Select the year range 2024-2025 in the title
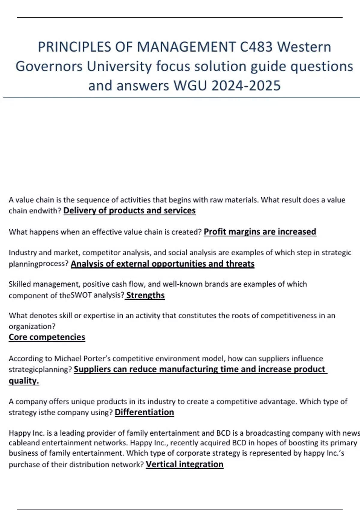pyautogui.click(x=246, y=85)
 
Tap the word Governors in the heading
pyautogui.click(x=49, y=66)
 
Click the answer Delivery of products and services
pyautogui.click(x=129, y=211)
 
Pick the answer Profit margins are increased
pyautogui.click(x=260, y=232)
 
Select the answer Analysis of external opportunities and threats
pyautogui.click(x=162, y=264)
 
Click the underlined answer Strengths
pyautogui.click(x=145, y=295)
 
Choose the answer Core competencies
pyautogui.click(x=47, y=337)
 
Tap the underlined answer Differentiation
pyautogui.click(x=144, y=412)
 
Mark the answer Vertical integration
pyautogui.click(x=184, y=464)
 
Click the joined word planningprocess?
pyautogui.click(x=39, y=264)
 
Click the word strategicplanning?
pyautogui.click(x=40, y=369)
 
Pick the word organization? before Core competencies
pyautogui.click(x=32, y=326)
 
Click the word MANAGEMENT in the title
pyautogui.click(x=186, y=47)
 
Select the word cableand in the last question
pyautogui.click(x=24, y=443)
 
